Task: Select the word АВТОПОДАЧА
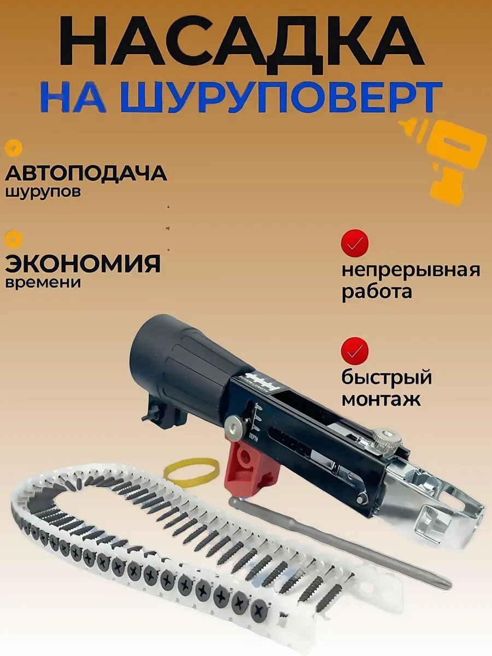click(x=86, y=174)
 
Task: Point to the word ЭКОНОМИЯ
click(x=83, y=263)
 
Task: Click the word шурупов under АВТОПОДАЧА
click(x=43, y=193)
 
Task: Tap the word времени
click(x=43, y=283)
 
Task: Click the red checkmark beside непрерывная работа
click(x=355, y=243)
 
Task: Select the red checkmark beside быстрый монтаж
click(x=355, y=350)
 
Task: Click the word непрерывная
click(x=411, y=270)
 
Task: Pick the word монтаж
click(x=381, y=399)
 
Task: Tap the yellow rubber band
click(x=191, y=472)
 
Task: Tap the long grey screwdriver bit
click(x=339, y=541)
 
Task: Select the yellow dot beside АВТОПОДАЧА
click(x=13, y=148)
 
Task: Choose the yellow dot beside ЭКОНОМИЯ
click(x=13, y=238)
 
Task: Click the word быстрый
click(x=386, y=378)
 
